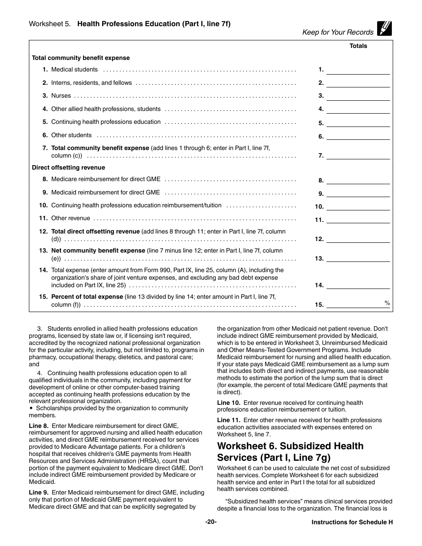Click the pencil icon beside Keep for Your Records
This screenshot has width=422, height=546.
(x=384, y=28)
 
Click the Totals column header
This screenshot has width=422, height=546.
(x=358, y=46)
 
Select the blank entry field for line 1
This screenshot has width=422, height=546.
(x=358, y=70)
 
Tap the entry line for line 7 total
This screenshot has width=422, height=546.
(x=358, y=156)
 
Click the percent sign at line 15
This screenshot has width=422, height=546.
(x=387, y=303)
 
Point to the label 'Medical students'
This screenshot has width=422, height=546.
(x=74, y=70)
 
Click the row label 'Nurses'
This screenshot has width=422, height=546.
(x=61, y=96)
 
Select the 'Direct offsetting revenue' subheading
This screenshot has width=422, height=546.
(x=68, y=168)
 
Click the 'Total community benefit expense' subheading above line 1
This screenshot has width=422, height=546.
(x=81, y=58)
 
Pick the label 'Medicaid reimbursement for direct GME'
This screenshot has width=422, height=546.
(x=105, y=193)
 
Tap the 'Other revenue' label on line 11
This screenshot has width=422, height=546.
(x=71, y=218)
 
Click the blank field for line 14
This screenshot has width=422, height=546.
(x=358, y=285)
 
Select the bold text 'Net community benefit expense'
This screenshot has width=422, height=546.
(x=98, y=251)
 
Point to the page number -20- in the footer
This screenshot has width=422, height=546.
(x=211, y=522)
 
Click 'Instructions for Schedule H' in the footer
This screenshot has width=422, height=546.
(x=352, y=522)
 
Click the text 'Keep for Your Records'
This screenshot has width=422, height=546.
(x=338, y=32)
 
